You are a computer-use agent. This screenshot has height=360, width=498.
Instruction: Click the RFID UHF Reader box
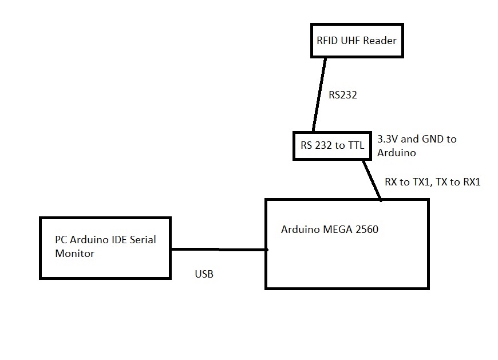357,41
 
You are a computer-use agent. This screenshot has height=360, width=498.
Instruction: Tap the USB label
204,274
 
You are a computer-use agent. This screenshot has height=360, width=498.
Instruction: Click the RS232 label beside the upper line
342,96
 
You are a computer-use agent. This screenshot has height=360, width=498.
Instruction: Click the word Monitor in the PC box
74,253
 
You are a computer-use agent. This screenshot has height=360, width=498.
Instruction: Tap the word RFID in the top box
327,41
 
